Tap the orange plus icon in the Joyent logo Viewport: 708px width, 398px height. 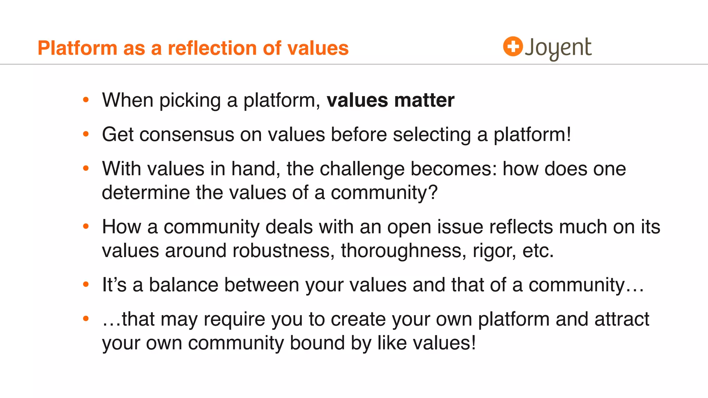(x=513, y=46)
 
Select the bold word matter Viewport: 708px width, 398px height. (x=424, y=100)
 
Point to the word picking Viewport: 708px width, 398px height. (x=190, y=101)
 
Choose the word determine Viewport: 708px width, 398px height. (x=146, y=192)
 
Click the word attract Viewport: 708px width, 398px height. (x=622, y=319)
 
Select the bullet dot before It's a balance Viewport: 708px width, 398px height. (x=86, y=285)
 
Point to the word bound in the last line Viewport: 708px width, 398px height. (x=317, y=343)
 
